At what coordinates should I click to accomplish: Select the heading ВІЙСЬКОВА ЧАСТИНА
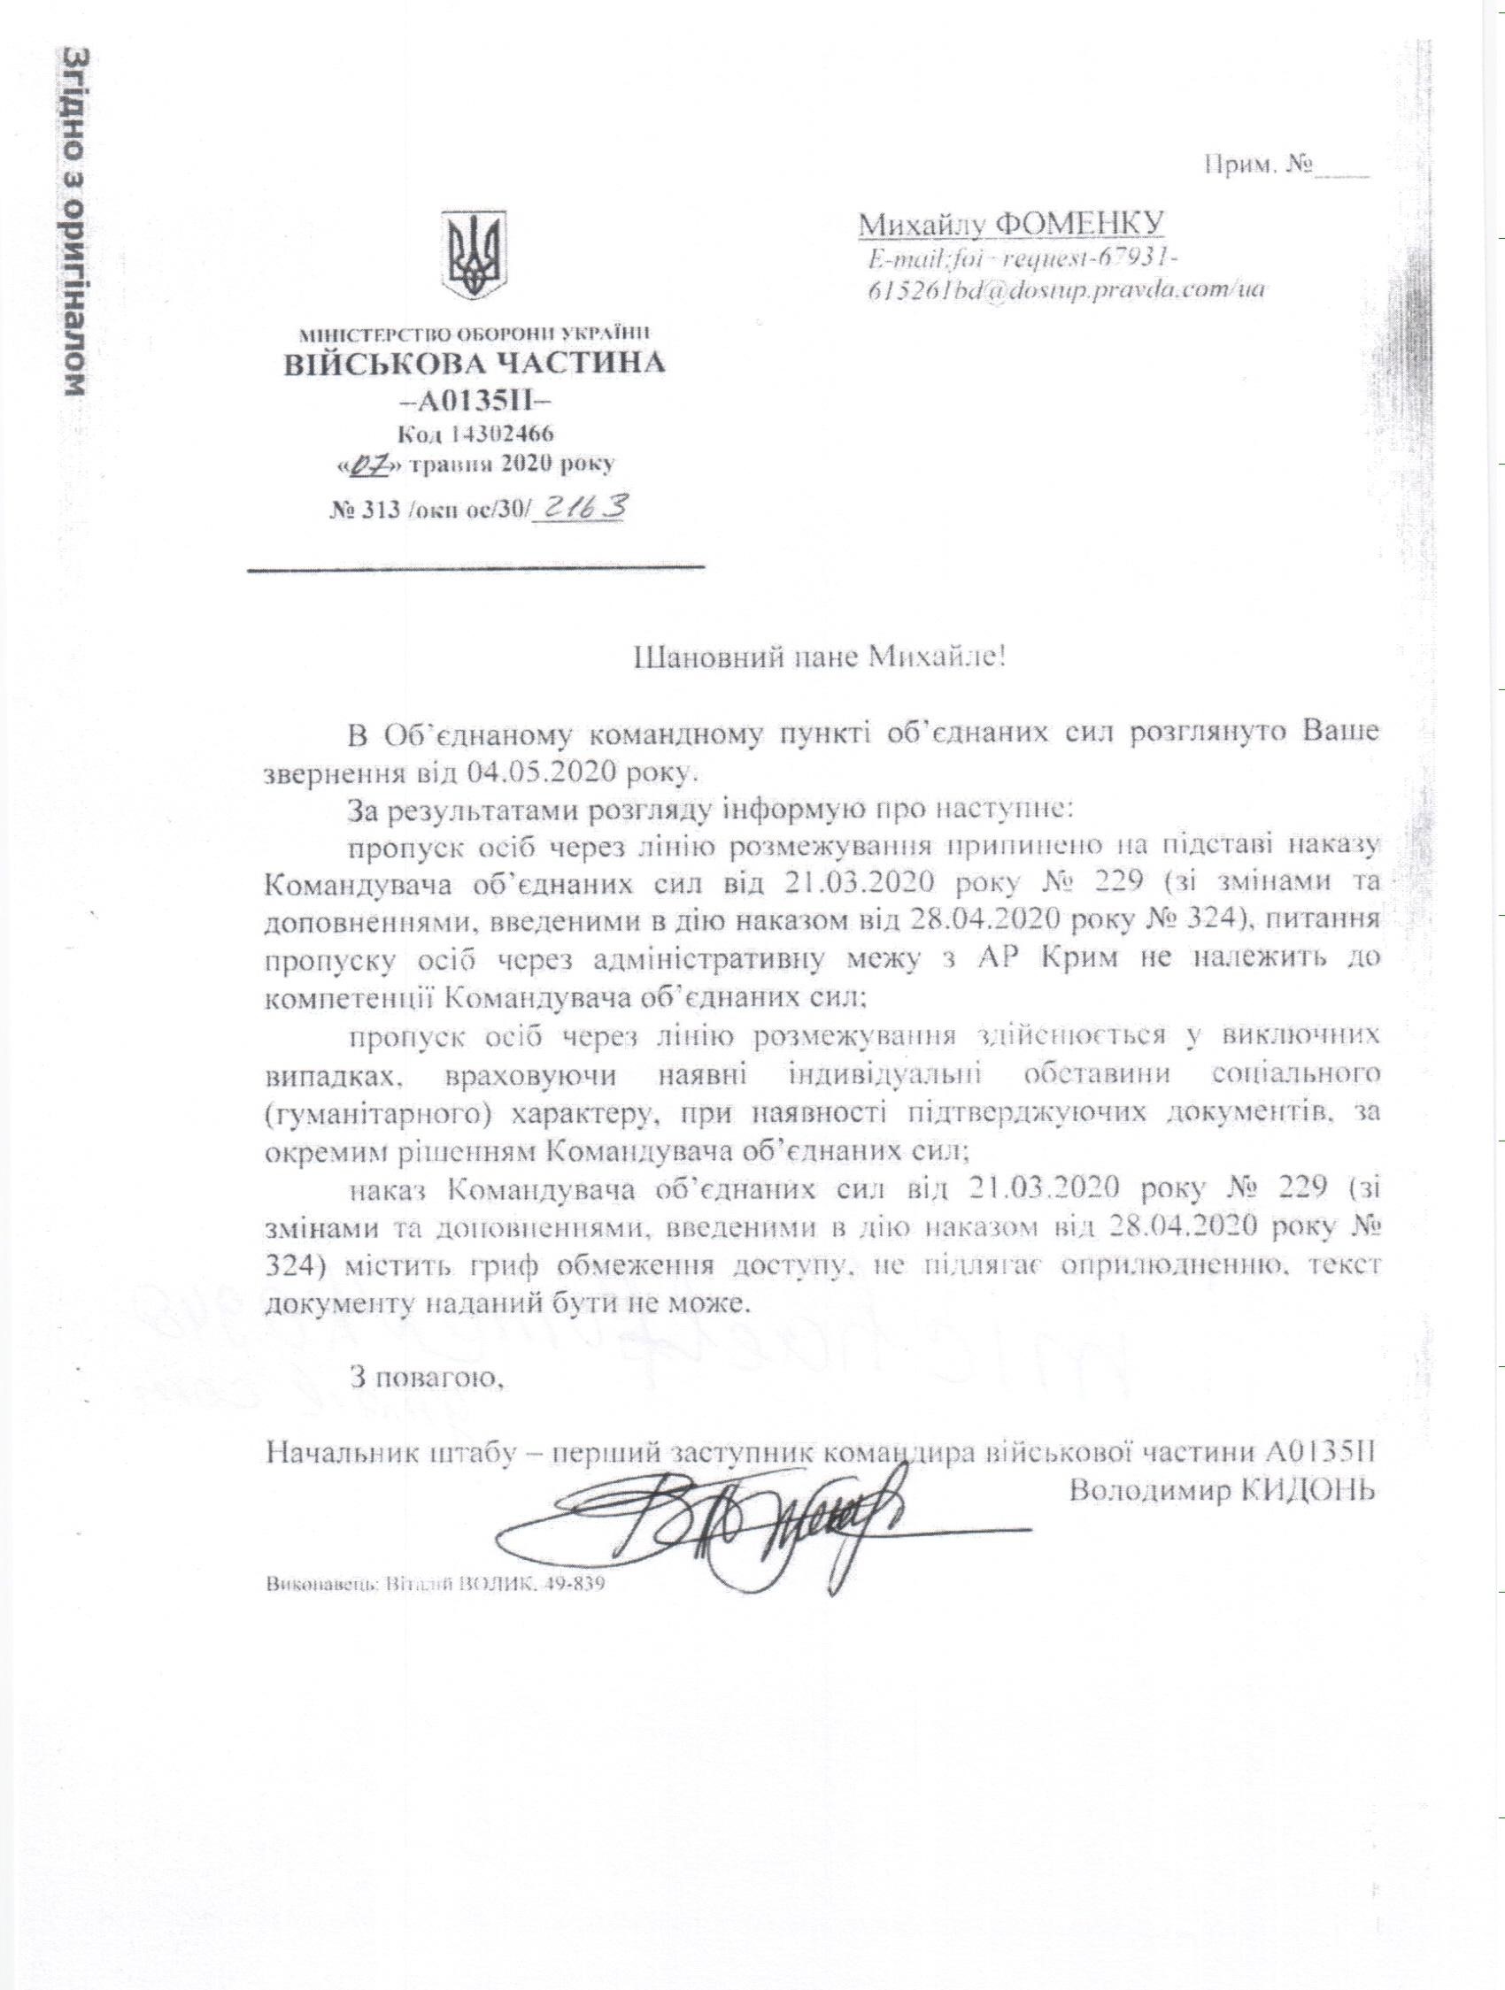point(475,365)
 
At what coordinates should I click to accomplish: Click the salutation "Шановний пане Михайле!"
point(819,656)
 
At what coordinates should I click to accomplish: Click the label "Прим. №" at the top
point(1254,166)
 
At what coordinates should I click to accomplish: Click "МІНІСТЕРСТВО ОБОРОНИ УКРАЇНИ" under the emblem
point(475,334)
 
